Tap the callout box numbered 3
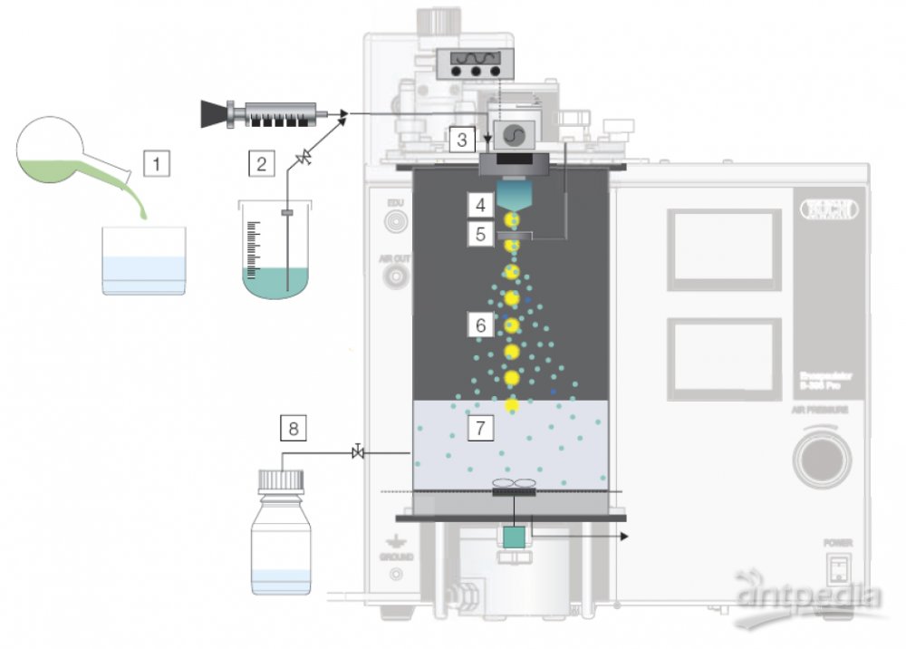[x=462, y=140]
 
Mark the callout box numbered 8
[x=293, y=425]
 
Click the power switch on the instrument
[x=838, y=569]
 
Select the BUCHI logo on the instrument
[x=824, y=208]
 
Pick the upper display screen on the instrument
[x=723, y=246]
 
